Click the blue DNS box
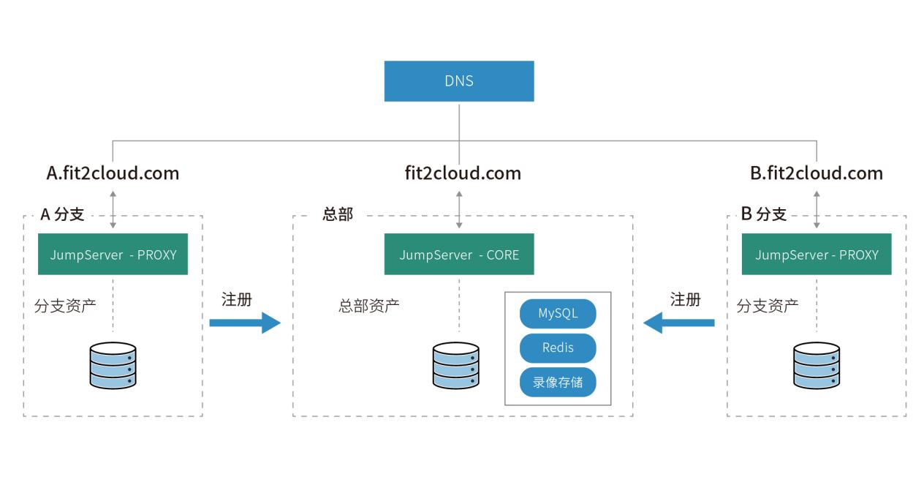click(459, 80)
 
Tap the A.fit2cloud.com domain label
click(113, 173)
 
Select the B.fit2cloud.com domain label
click(817, 173)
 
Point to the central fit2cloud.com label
click(463, 173)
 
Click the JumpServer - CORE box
click(459, 255)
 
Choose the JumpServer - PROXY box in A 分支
click(113, 255)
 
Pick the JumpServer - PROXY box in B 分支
click(817, 255)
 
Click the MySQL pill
click(558, 313)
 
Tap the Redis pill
click(558, 347)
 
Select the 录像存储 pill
click(558, 382)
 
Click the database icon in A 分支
click(113, 365)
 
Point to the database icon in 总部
click(455, 365)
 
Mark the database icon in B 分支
click(817, 365)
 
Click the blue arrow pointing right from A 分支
click(245, 323)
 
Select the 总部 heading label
click(338, 214)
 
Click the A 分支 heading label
click(62, 214)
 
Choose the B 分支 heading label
click(764, 214)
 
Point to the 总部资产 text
click(369, 306)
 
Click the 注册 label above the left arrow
click(236, 299)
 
